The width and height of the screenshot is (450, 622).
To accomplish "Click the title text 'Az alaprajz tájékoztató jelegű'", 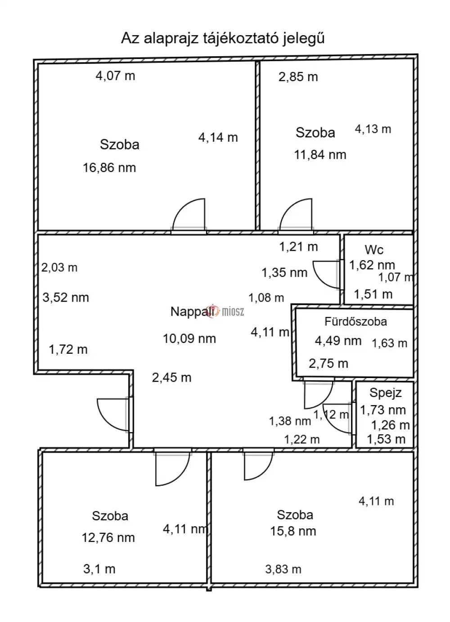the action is pyautogui.click(x=223, y=38).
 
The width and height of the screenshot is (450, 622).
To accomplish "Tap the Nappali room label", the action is pyautogui.click(x=192, y=311).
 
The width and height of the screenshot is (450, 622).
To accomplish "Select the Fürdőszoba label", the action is pyautogui.click(x=355, y=321).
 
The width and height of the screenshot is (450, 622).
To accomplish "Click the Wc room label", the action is pyautogui.click(x=374, y=250).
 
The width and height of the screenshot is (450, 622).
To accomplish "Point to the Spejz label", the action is pyautogui.click(x=386, y=393).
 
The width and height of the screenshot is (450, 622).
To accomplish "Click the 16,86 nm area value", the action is pyautogui.click(x=109, y=168).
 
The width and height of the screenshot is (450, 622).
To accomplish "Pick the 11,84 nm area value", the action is pyautogui.click(x=320, y=155).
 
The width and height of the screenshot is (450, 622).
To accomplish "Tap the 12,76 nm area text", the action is pyautogui.click(x=108, y=538).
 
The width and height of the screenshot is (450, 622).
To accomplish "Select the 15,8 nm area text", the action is pyautogui.click(x=293, y=531).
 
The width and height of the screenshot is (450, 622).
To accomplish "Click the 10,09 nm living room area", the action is pyautogui.click(x=189, y=339).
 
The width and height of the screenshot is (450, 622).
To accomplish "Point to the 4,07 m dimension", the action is pyautogui.click(x=116, y=76).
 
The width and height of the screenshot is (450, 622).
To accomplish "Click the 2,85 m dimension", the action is pyautogui.click(x=298, y=77).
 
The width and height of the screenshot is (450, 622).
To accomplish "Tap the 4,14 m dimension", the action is pyautogui.click(x=218, y=137).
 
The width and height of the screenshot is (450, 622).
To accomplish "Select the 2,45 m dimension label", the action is pyautogui.click(x=171, y=378).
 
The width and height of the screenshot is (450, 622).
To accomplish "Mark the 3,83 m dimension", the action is pyautogui.click(x=283, y=569).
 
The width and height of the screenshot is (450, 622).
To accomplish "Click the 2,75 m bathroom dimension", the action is pyautogui.click(x=328, y=364).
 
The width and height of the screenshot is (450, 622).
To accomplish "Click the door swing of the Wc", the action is pyautogui.click(x=319, y=280).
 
